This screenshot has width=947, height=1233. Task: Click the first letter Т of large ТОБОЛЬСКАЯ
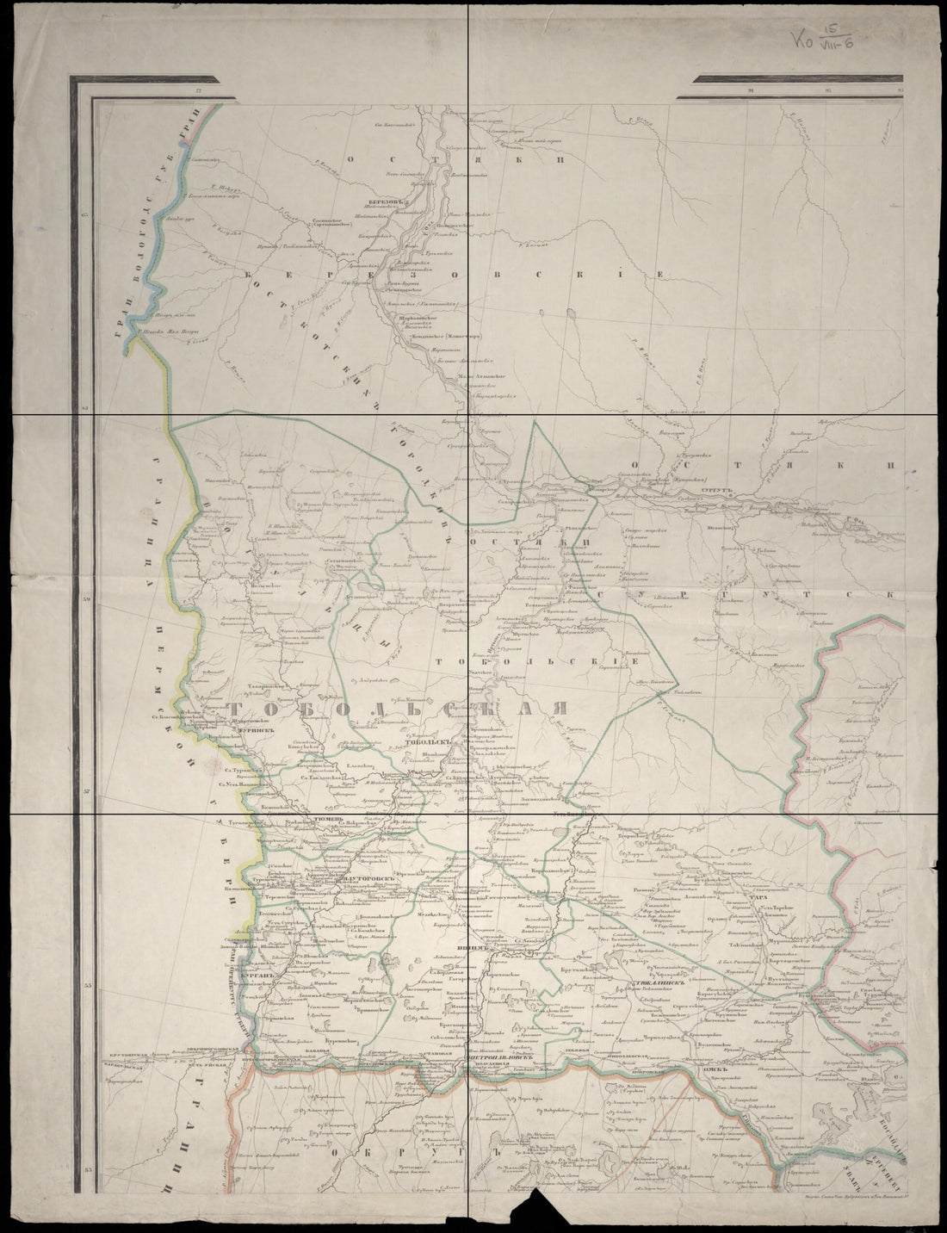pyautogui.click(x=241, y=708)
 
